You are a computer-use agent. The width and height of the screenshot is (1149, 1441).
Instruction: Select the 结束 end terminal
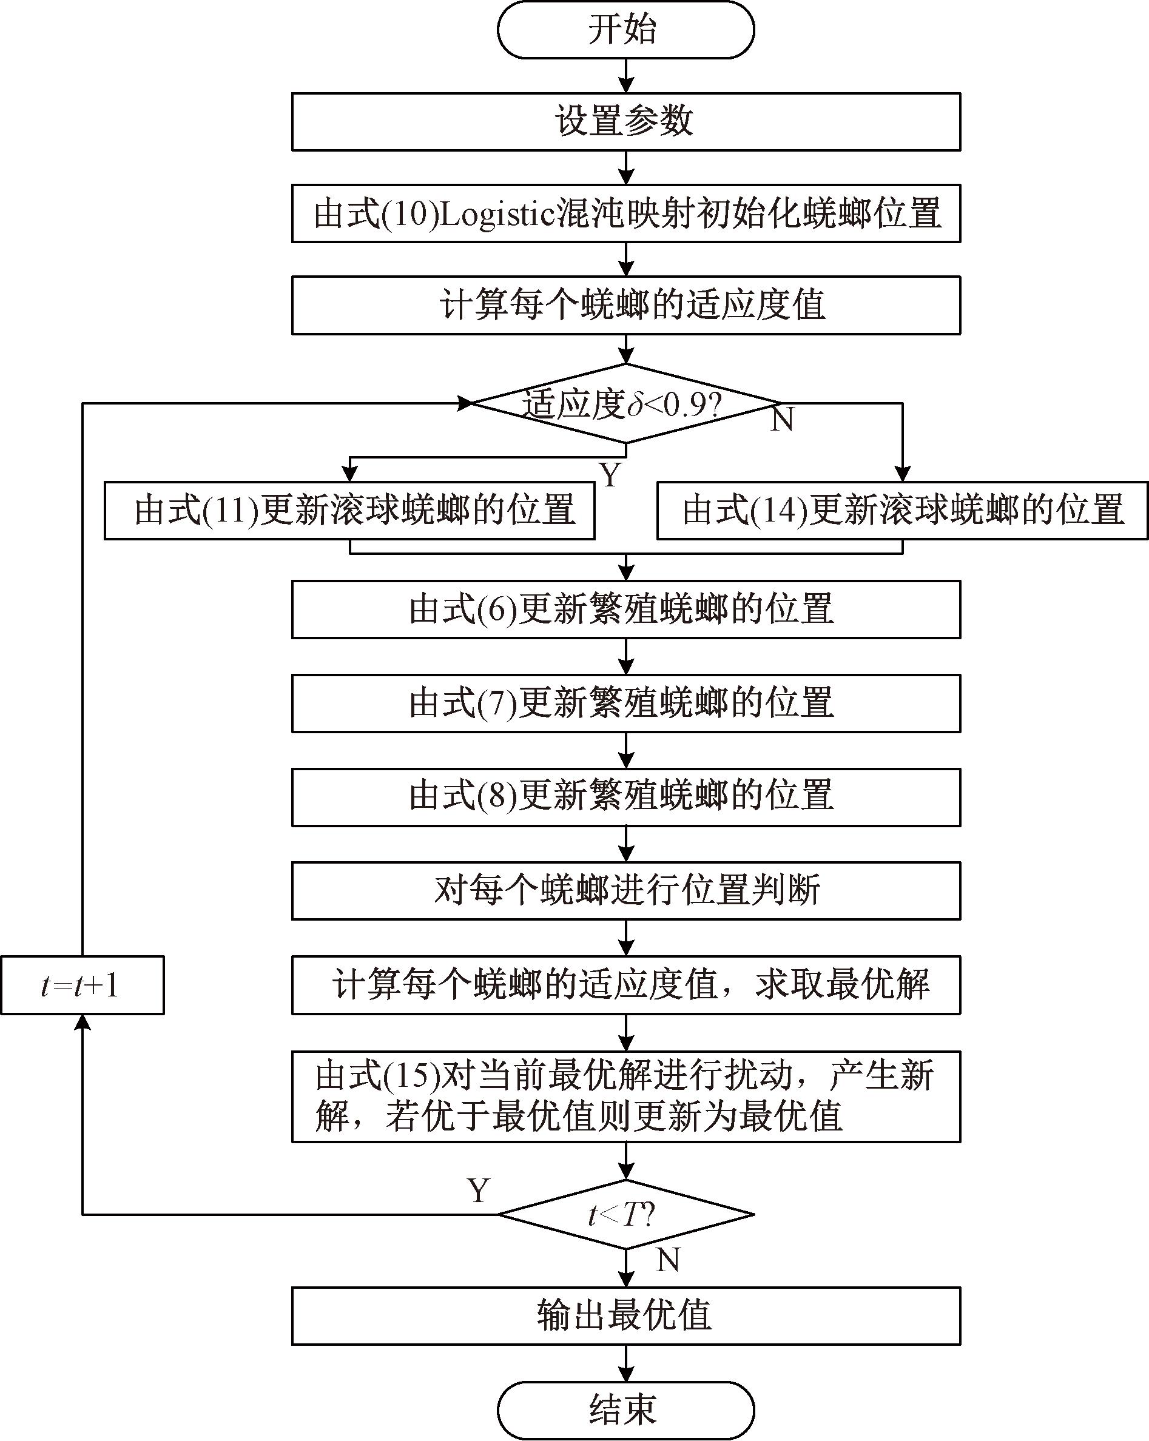tap(625, 1410)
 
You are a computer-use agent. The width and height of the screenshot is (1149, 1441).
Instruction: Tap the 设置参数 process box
tap(625, 122)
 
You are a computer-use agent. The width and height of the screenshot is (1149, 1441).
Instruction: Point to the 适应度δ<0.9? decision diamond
tap(625, 404)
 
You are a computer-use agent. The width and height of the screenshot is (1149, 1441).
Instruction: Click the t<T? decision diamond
tap(625, 1214)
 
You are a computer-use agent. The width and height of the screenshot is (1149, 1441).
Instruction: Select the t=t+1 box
tap(83, 985)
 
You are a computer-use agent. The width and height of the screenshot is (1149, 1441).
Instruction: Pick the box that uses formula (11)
tap(349, 510)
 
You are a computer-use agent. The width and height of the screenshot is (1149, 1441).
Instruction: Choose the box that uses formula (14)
tap(902, 510)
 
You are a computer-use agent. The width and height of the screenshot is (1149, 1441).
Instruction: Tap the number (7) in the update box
tap(497, 703)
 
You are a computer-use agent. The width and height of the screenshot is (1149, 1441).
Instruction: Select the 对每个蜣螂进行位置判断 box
tap(625, 891)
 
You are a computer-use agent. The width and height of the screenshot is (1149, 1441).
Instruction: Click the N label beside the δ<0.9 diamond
tap(782, 420)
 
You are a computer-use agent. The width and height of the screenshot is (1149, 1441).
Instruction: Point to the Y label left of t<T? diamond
tap(479, 1191)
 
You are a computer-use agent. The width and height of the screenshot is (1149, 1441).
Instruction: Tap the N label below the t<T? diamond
tap(668, 1260)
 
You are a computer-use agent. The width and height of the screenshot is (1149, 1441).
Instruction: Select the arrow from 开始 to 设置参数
tap(625, 76)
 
